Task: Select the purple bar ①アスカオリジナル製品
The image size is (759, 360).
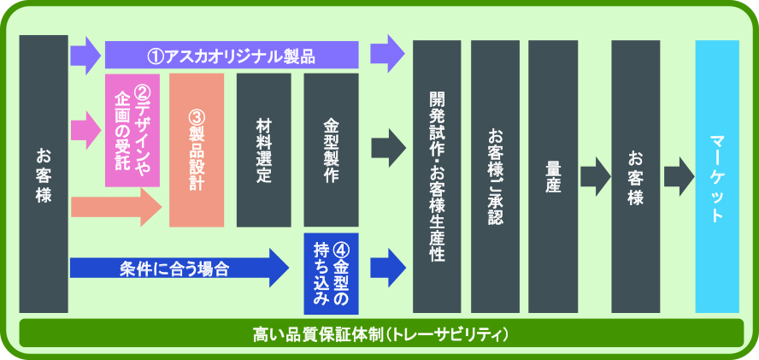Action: [231, 56]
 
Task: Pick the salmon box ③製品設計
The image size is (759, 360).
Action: [196, 150]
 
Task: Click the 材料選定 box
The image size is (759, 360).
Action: [263, 150]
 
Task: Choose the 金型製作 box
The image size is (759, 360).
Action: [331, 150]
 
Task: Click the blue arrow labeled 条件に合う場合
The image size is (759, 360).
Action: [179, 268]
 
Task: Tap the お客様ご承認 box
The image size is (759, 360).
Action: [495, 174]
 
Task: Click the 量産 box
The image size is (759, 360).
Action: [553, 174]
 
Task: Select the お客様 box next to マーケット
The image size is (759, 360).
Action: [635, 174]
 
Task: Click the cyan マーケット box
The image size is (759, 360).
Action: [716, 174]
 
